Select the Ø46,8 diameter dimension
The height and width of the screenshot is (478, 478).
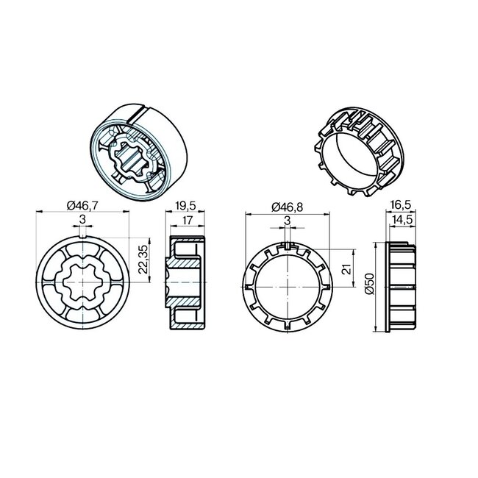point(288,208)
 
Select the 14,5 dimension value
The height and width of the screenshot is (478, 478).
point(402,220)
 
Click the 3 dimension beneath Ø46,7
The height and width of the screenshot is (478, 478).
point(83,219)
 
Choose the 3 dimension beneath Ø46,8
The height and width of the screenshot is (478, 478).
point(287,220)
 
